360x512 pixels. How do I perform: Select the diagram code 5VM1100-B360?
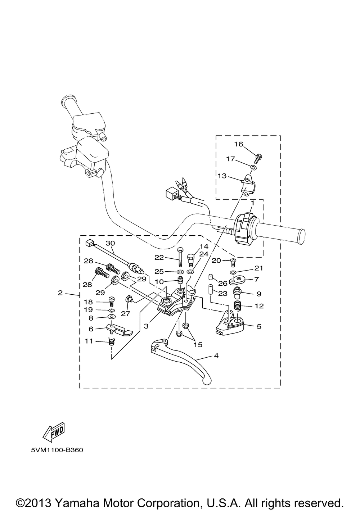click(57, 450)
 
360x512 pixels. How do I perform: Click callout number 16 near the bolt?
click(239, 144)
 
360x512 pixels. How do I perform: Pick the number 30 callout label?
click(110, 243)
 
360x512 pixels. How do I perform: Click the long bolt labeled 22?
click(180, 257)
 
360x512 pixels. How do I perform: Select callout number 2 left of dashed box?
click(60, 293)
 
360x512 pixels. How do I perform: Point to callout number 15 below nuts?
click(198, 344)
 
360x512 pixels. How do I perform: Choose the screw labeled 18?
click(111, 301)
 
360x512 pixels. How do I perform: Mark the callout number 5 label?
click(259, 326)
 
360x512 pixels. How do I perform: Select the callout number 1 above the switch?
click(252, 203)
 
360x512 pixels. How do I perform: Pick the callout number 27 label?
click(126, 313)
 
